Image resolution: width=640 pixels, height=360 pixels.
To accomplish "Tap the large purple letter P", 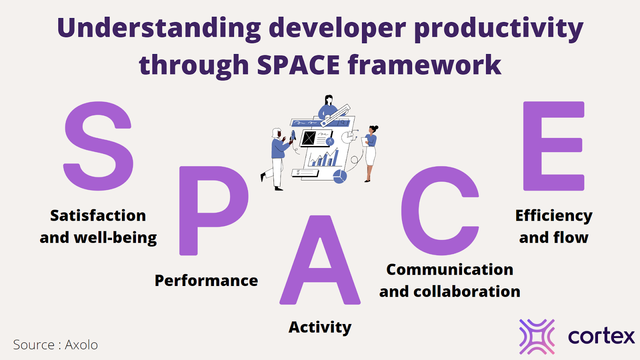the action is click(x=188, y=211).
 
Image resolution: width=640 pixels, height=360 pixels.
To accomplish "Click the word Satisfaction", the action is click(x=98, y=216).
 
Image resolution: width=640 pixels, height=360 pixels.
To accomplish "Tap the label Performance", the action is click(x=206, y=280).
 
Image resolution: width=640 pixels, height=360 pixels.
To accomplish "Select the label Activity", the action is click(x=320, y=328).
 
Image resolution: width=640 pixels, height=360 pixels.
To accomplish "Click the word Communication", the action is click(x=450, y=270).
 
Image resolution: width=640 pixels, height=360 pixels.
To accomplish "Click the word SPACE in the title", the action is click(x=298, y=64).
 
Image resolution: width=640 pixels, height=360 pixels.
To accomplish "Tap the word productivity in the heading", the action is click(x=498, y=28).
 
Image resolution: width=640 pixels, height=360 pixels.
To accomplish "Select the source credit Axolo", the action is click(x=82, y=345).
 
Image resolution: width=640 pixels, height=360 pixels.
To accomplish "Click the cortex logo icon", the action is click(x=537, y=337).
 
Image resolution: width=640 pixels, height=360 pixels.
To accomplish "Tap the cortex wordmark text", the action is click(x=601, y=336).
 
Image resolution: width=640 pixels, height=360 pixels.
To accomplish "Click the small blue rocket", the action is click(x=293, y=135).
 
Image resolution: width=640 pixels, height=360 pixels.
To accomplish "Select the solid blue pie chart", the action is click(x=340, y=176).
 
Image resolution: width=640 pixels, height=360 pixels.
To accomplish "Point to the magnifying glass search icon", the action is click(x=342, y=122).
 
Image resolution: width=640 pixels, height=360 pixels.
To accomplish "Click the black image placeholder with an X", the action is click(x=309, y=138).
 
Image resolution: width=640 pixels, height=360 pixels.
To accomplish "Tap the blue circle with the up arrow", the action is click(x=330, y=141).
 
